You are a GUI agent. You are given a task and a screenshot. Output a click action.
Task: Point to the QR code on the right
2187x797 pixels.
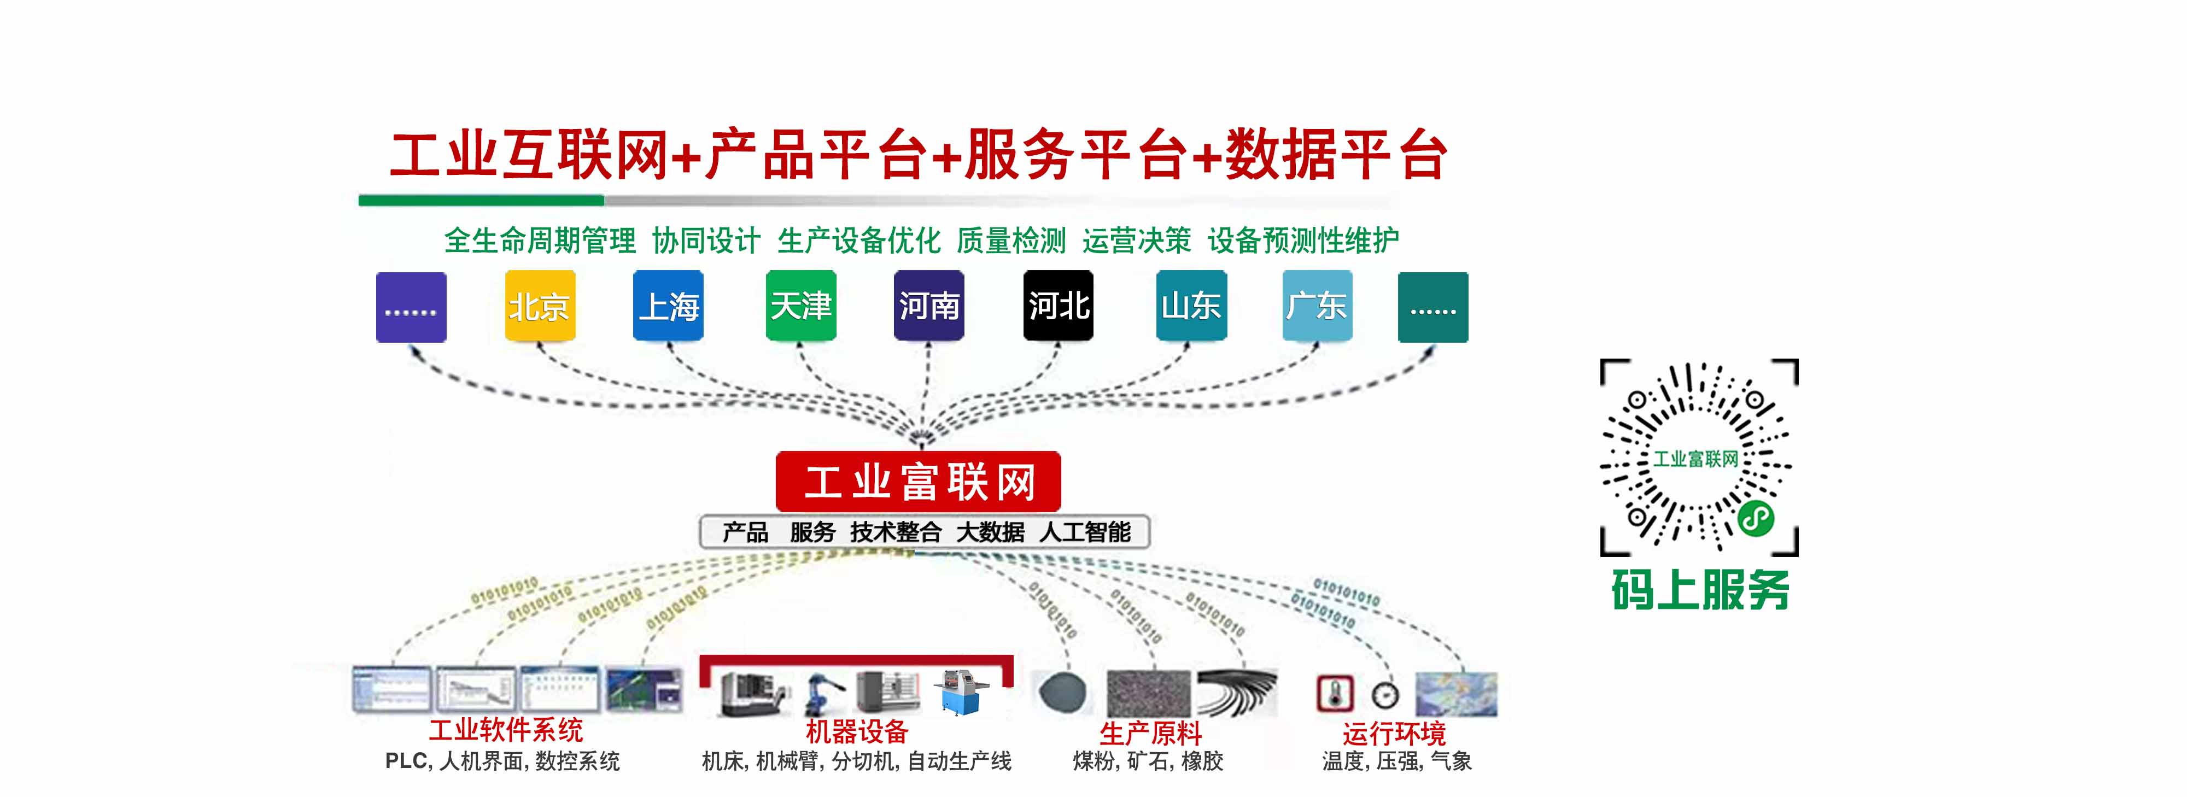(1699, 458)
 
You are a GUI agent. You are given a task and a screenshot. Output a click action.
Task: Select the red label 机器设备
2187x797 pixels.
(857, 731)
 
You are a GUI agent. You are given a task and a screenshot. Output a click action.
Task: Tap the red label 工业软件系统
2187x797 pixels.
(506, 730)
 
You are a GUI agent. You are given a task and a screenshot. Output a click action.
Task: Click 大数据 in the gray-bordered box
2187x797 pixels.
(990, 532)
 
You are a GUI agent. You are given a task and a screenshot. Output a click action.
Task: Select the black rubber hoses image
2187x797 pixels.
(1237, 691)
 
